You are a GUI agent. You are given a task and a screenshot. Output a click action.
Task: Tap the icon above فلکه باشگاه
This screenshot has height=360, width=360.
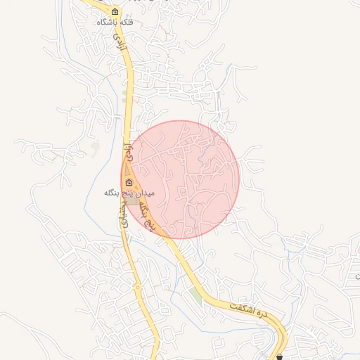click(x=115, y=11)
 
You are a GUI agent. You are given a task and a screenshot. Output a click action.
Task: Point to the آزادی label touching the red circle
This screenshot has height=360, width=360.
click(x=128, y=149)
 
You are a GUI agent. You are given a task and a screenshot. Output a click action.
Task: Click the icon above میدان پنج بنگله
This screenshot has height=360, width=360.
click(x=129, y=182)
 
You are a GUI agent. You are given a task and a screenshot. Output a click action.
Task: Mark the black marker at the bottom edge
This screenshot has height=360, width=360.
click(x=281, y=356)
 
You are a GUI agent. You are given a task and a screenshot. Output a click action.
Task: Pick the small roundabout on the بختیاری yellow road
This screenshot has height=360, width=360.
click(x=137, y=287)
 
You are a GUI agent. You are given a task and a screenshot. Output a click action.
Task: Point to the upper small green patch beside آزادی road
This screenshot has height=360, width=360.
click(x=124, y=93)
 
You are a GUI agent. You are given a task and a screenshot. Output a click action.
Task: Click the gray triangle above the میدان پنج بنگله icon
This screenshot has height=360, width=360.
click(x=127, y=169)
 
